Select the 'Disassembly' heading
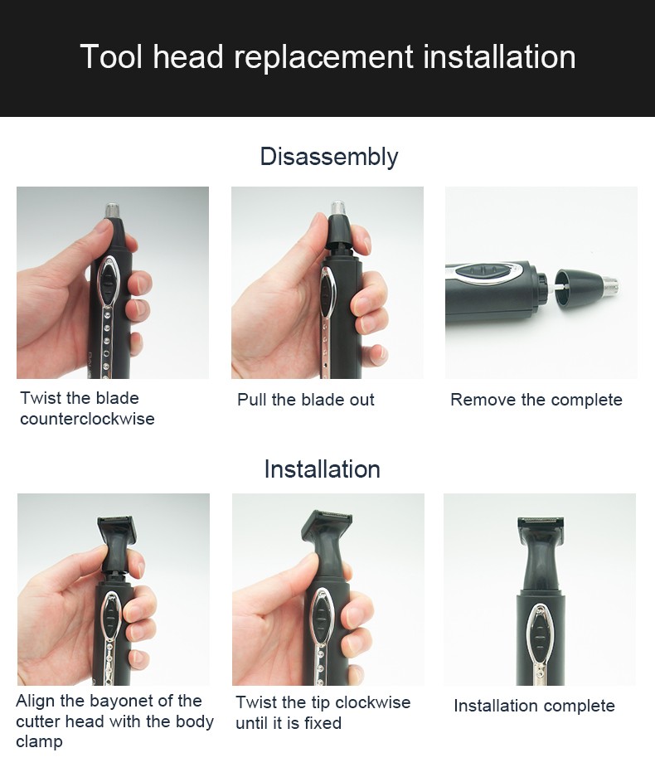pos(328,157)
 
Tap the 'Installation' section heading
pos(322,469)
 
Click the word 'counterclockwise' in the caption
pos(87,419)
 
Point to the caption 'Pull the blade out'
pos(305,400)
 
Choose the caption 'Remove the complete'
pos(536,400)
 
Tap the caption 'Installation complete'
pos(534,706)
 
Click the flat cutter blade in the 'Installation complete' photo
pos(540,523)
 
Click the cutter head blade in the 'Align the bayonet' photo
pos(117,526)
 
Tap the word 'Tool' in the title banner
pos(111,58)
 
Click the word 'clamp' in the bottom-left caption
pos(39,741)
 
